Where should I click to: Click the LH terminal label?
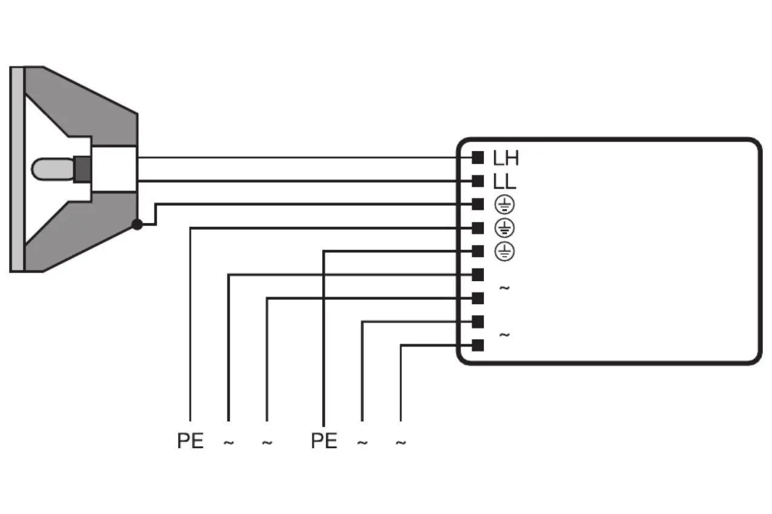pyautogui.click(x=506, y=158)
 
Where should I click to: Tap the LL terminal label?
pyautogui.click(x=504, y=181)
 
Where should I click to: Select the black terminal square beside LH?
pyautogui.click(x=478, y=158)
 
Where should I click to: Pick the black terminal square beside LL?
pyautogui.click(x=478, y=181)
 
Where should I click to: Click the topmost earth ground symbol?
pyautogui.click(x=504, y=205)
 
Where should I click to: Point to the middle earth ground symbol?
pyautogui.click(x=504, y=228)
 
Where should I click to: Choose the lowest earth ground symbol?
pyautogui.click(x=504, y=251)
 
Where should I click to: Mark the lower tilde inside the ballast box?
pyautogui.click(x=504, y=334)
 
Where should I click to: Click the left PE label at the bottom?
pyautogui.click(x=190, y=441)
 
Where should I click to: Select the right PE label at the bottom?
pyautogui.click(x=324, y=441)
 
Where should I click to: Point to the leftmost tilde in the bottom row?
pyautogui.click(x=228, y=443)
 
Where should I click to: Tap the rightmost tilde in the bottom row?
pyautogui.click(x=400, y=443)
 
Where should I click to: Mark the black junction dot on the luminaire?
pyautogui.click(x=137, y=224)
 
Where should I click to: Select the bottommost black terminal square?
pyautogui.click(x=478, y=345)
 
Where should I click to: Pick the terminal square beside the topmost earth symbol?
pyautogui.click(x=478, y=204)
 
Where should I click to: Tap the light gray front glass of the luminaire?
pyautogui.click(x=17, y=169)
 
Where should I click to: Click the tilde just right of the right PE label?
pyautogui.click(x=362, y=443)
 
